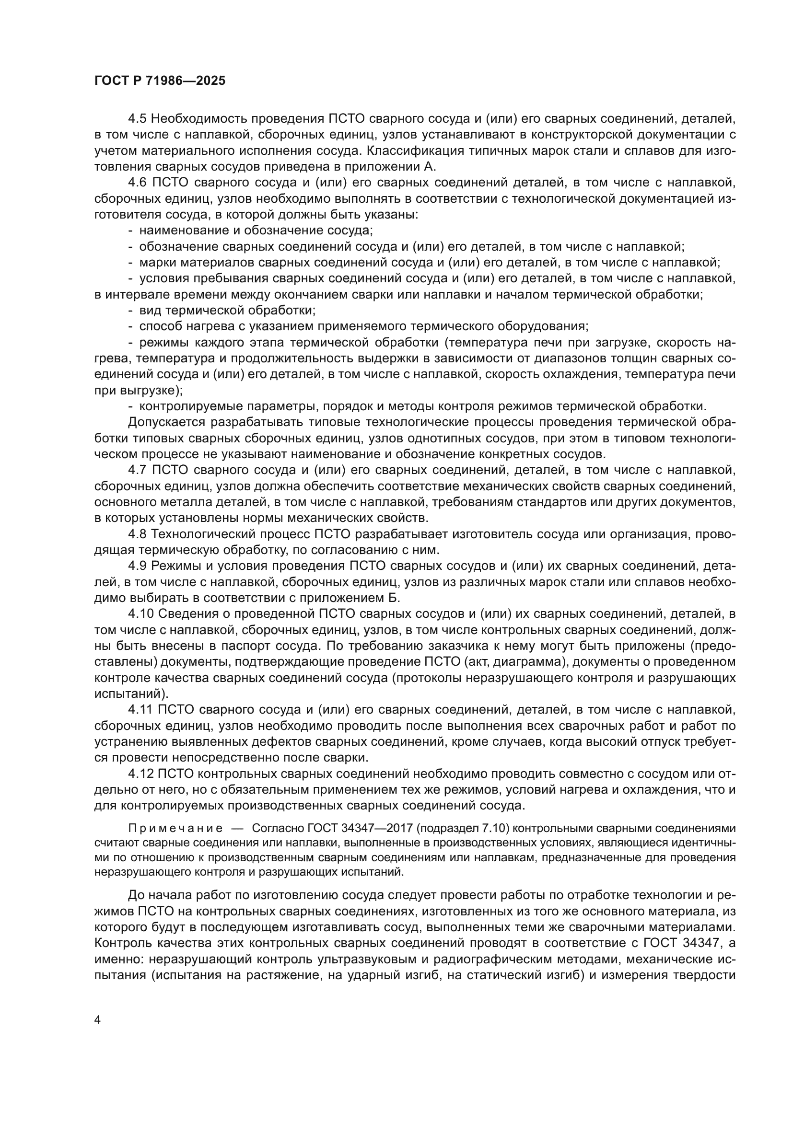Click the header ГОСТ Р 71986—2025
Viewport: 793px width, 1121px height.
tap(160, 81)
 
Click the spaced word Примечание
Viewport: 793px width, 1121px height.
tap(175, 829)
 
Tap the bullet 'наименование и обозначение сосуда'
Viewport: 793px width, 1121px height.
tap(256, 231)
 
